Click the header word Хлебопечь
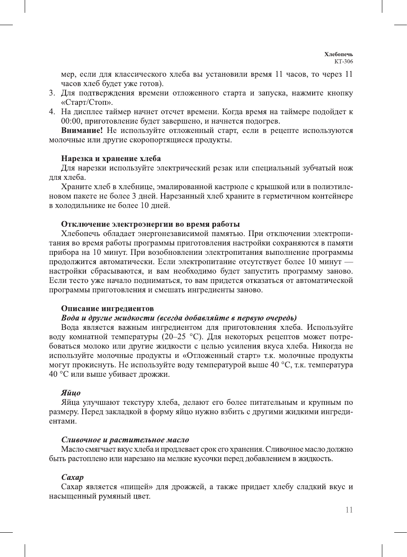click(x=338, y=54)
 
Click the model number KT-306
click(x=344, y=61)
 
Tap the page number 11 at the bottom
click(x=349, y=510)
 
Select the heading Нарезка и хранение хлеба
click(x=111, y=159)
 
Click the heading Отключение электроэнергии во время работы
click(x=150, y=224)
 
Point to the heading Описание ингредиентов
click(x=107, y=309)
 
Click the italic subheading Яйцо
click(x=71, y=393)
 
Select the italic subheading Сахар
click(x=72, y=477)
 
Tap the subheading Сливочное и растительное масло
click(x=125, y=440)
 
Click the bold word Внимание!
click(x=82, y=130)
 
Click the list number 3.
click(x=52, y=93)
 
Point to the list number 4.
click(x=52, y=112)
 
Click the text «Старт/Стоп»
click(x=87, y=102)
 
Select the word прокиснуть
click(x=92, y=365)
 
